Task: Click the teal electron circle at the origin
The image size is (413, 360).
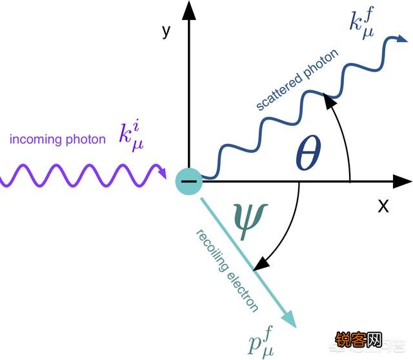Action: click(x=189, y=181)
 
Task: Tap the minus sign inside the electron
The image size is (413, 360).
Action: click(x=189, y=181)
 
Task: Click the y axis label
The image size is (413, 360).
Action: click(x=166, y=32)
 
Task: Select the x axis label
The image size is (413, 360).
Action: click(x=383, y=206)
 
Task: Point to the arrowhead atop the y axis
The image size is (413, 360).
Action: click(x=189, y=10)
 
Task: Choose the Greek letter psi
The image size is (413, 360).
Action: click(x=250, y=221)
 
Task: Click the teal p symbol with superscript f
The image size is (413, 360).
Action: click(x=261, y=341)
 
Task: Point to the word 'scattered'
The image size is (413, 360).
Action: click(x=279, y=90)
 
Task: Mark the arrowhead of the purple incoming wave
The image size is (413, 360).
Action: click(x=163, y=172)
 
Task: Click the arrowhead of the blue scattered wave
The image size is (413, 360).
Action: click(x=402, y=39)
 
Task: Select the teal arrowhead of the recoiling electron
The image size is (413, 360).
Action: click(x=289, y=319)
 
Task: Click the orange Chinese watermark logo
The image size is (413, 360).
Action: click(x=359, y=339)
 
